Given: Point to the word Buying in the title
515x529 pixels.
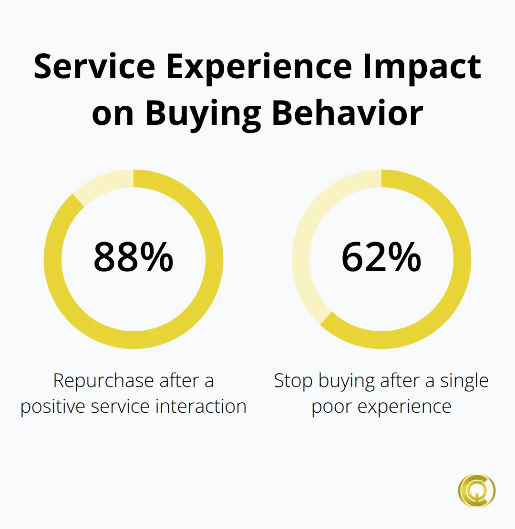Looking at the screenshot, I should point(203,113).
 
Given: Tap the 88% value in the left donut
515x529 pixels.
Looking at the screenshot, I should point(134,257).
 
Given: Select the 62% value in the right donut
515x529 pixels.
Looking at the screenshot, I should point(381,257).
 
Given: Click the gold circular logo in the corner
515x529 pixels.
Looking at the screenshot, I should point(477,490).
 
